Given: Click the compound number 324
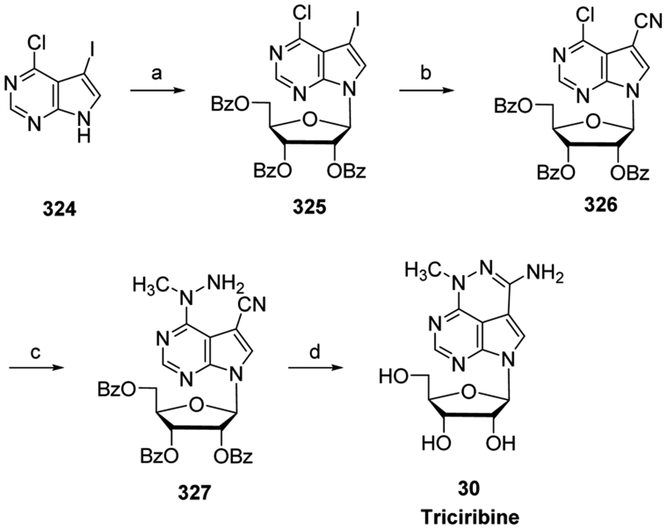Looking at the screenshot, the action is coord(59,210).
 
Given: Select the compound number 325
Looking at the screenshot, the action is coord(309,207).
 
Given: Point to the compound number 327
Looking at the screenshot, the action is coord(194,493).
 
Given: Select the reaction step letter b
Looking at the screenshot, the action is coord(426,73).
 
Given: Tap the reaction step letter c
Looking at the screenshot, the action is coord(35,352).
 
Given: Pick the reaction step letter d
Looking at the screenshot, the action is coord(315,352).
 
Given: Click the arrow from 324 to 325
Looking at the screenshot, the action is coord(157,90).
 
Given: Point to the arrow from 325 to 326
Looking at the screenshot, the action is coord(426,90).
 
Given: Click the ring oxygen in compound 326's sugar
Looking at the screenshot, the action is coord(593,122).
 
